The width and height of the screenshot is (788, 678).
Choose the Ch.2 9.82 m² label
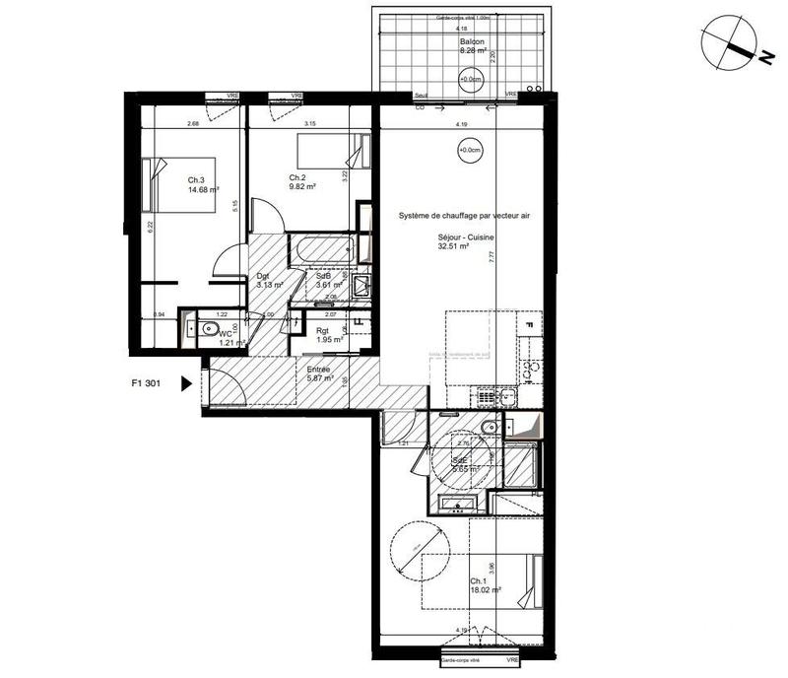click(x=301, y=181)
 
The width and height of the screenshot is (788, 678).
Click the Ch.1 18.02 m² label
click(x=484, y=586)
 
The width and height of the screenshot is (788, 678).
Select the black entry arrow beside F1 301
click(x=186, y=386)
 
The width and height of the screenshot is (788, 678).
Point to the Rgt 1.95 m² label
click(x=329, y=335)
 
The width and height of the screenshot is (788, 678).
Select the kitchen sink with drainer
click(x=497, y=396)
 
